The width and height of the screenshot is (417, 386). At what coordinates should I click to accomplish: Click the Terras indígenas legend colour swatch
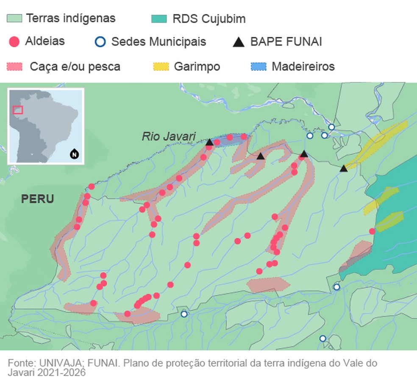[14, 19]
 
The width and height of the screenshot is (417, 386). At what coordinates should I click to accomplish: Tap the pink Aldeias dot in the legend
[14, 42]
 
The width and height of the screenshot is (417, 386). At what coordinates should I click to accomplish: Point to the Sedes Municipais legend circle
[100, 42]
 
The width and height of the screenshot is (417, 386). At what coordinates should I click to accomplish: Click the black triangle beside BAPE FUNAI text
[239, 42]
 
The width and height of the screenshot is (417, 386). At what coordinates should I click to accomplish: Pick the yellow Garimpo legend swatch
[161, 67]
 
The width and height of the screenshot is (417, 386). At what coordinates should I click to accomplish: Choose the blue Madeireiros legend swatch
[258, 67]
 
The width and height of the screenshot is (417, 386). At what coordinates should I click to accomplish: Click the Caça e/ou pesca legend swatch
[15, 67]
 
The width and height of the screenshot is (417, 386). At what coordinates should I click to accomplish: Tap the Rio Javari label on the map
[169, 136]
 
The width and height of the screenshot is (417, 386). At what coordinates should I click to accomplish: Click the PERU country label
[37, 199]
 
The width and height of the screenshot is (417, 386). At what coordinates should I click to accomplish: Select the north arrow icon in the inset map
[74, 154]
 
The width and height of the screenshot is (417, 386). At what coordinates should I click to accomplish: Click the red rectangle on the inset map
[18, 110]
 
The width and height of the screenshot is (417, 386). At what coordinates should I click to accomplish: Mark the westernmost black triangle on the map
[209, 142]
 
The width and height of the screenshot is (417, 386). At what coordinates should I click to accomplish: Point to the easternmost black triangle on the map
[344, 169]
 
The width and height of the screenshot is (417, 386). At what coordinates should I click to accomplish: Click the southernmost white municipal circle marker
[323, 339]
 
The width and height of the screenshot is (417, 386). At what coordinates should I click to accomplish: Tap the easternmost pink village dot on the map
[372, 231]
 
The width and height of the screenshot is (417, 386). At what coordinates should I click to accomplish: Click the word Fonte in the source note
[21, 364]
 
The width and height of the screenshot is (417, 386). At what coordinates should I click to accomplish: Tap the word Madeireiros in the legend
[303, 67]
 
